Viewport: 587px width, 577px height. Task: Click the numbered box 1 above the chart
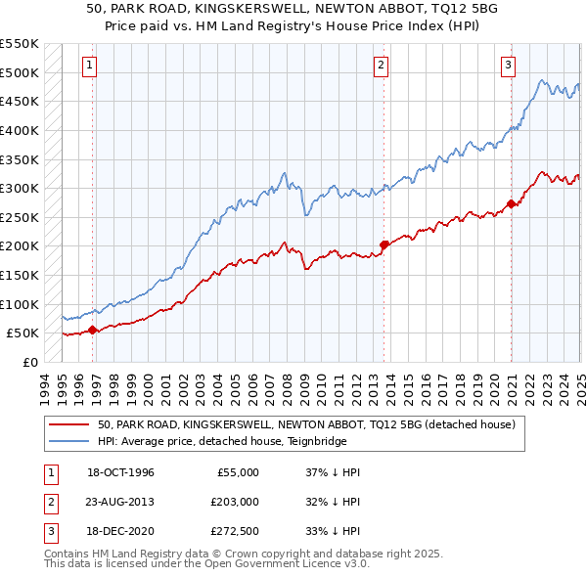tap(89, 66)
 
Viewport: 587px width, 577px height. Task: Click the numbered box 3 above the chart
tap(509, 66)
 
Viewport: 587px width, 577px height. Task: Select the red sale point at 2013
tap(384, 244)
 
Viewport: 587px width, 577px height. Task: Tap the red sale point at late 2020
tap(512, 204)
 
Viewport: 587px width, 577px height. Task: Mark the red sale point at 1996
tap(93, 330)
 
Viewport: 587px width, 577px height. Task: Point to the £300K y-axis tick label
tap(19, 188)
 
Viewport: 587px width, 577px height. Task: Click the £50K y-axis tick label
tap(23, 333)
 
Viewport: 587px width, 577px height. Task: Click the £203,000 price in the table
tap(235, 502)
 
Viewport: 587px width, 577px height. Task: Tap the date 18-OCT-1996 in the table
tap(120, 472)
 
